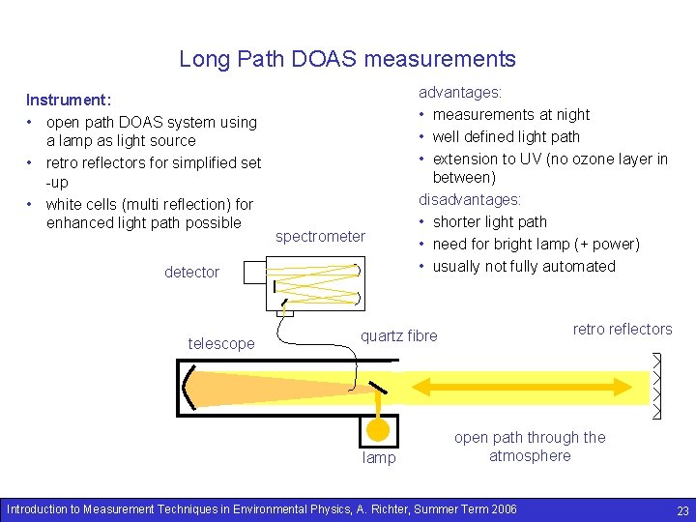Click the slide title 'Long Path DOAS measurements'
[x=347, y=59]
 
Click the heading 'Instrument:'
[x=69, y=101]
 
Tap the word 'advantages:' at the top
[x=459, y=93]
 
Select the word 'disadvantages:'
[x=470, y=199]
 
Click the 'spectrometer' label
[x=320, y=236]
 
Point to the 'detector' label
[x=191, y=272]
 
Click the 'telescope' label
[x=221, y=343]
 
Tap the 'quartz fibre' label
[x=398, y=335]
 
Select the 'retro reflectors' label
[x=622, y=329]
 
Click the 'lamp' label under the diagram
[x=379, y=457]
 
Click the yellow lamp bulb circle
[x=378, y=427]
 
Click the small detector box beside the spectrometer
[x=252, y=272]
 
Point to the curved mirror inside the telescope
[x=190, y=387]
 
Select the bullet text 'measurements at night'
[x=510, y=114]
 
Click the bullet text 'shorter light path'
[x=489, y=221]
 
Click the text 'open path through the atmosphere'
[x=530, y=447]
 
